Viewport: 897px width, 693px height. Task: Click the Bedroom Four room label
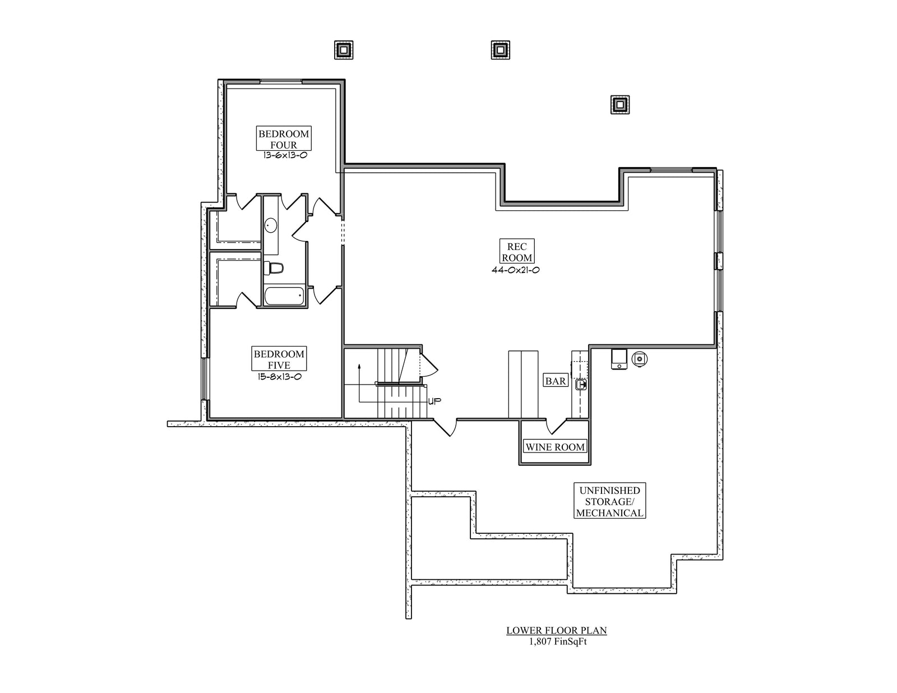click(283, 139)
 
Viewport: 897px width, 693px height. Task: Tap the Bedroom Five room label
click(279, 359)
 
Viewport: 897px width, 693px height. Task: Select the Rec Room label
click(517, 252)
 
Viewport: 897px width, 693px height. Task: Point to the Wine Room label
click(554, 447)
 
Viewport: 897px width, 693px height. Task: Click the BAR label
click(556, 381)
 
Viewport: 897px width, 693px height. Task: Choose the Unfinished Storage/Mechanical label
click(609, 501)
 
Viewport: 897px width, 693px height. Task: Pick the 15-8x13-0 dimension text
click(279, 377)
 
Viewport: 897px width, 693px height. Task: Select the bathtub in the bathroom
click(284, 296)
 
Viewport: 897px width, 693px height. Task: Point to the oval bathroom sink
click(271, 225)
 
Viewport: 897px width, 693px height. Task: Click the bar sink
click(581, 385)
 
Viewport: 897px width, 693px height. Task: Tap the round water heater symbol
click(640, 358)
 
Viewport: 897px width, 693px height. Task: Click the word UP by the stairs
click(434, 401)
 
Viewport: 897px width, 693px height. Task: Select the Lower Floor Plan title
click(556, 630)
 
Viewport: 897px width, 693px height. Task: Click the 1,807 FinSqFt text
click(556, 642)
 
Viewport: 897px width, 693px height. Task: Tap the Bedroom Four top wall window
click(281, 82)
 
